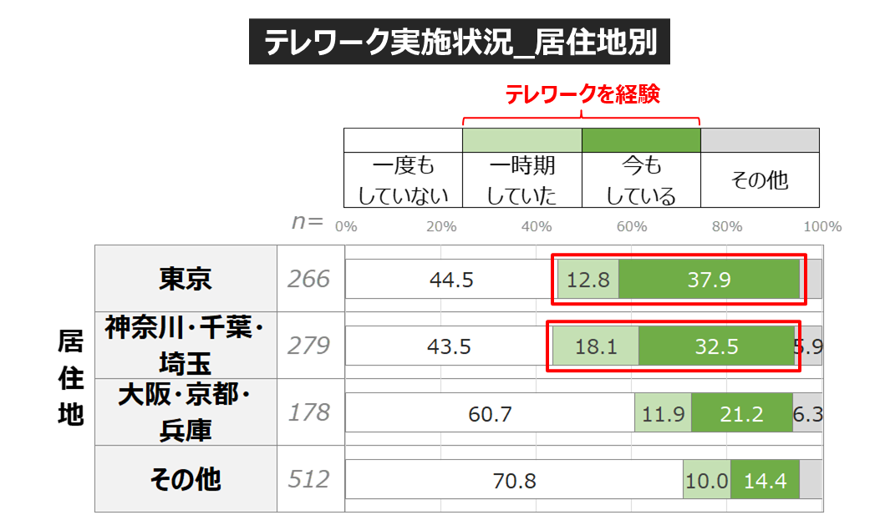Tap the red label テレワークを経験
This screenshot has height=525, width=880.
tap(582, 94)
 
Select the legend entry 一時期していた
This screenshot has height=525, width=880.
tap(521, 179)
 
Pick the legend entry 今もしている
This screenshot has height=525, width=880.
tap(640, 179)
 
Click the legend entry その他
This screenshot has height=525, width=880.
tap(759, 179)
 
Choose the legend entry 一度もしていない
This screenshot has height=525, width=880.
tap(403, 179)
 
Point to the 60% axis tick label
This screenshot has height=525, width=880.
tap(631, 227)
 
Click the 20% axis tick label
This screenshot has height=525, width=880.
tap(440, 227)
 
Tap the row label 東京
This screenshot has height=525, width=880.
tap(186, 279)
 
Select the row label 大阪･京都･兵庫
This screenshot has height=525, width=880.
tap(186, 412)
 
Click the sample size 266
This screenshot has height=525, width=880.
tap(309, 279)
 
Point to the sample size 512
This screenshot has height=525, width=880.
tap(309, 479)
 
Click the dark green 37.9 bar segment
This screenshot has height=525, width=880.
tap(709, 280)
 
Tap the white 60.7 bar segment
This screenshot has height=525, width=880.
tap(490, 413)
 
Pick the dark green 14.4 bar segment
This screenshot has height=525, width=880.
tap(765, 480)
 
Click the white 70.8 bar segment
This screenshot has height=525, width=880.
tap(514, 480)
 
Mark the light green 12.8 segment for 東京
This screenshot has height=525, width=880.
tap(588, 280)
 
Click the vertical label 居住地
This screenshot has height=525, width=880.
tap(70, 377)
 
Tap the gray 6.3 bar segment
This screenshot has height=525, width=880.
tap(807, 413)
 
